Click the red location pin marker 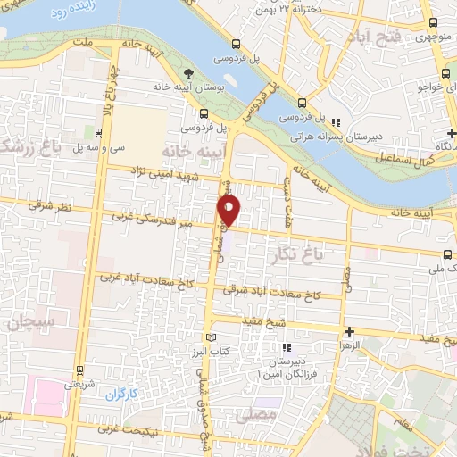tap(229, 210)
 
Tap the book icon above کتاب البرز tap(212, 337)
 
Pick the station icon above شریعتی tap(79, 370)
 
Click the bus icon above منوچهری tap(432, 23)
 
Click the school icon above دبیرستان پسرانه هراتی tap(335, 122)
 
